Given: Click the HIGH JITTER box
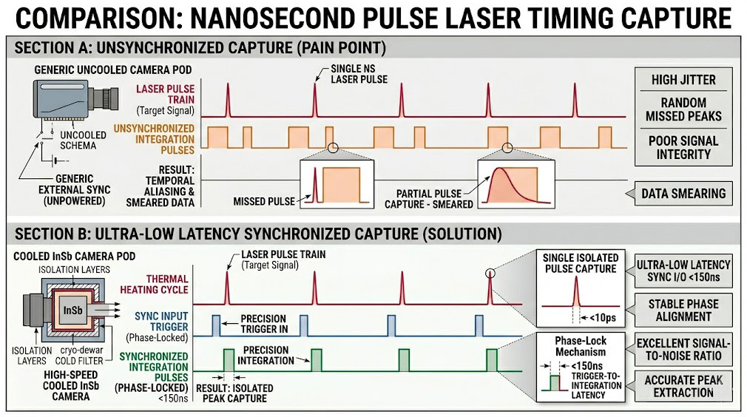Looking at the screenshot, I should (683, 80).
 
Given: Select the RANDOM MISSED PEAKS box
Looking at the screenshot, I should (683, 109).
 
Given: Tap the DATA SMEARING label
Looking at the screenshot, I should (683, 193).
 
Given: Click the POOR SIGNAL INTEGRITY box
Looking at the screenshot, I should (683, 147).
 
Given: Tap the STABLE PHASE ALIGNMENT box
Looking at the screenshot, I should (683, 310).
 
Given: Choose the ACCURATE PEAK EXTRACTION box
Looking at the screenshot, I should (683, 385).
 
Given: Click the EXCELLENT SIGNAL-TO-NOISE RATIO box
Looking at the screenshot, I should (683, 349).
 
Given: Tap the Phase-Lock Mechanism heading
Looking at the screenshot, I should (581, 346).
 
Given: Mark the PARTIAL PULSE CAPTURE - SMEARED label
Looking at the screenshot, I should (429, 199).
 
